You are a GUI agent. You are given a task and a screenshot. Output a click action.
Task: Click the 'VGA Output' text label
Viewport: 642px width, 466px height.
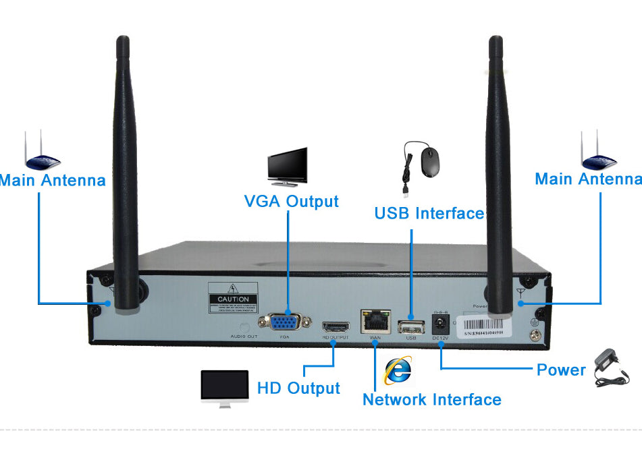point(291,201)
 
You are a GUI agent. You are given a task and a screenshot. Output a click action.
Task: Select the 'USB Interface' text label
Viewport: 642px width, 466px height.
point(429,214)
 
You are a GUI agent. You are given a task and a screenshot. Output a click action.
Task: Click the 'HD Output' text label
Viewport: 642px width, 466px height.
point(298,388)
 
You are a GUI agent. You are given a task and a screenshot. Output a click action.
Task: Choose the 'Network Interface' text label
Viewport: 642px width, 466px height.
point(432,400)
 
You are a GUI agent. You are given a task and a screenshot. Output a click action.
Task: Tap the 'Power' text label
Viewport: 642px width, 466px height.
point(560,370)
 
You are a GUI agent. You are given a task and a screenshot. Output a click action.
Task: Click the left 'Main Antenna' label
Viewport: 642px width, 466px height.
point(53,181)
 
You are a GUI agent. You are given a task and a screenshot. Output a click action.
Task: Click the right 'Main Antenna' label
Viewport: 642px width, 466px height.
point(587,179)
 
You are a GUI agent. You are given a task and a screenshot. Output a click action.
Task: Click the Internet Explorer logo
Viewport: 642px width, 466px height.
point(398,370)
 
